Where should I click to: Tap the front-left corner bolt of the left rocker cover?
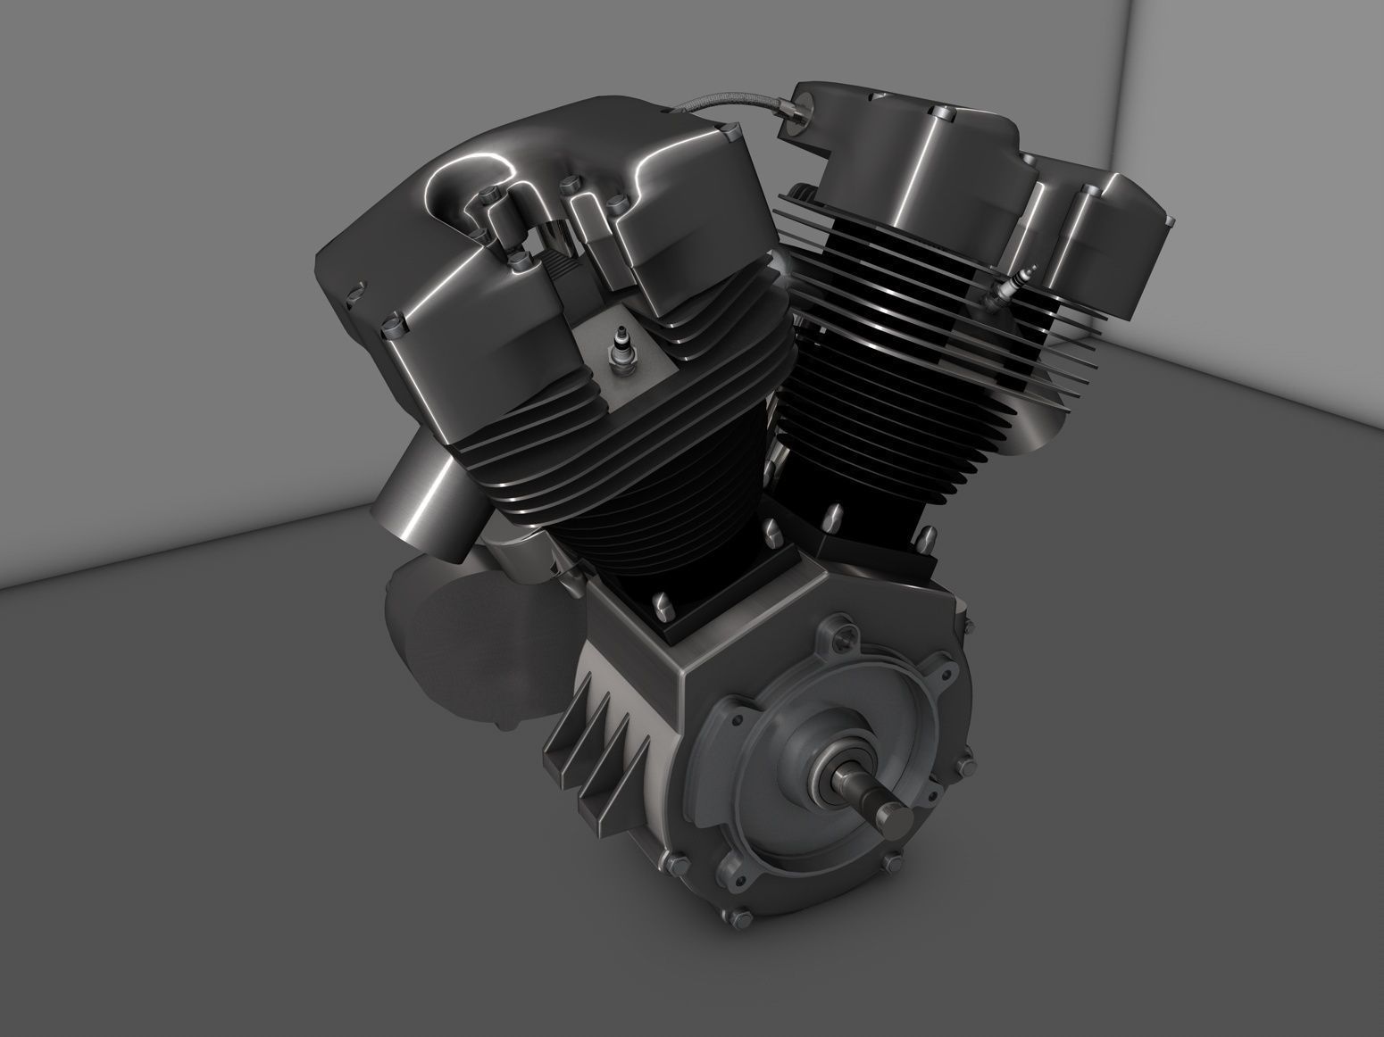coord(390,323)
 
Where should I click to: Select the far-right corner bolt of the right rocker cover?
coord(1163,217)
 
